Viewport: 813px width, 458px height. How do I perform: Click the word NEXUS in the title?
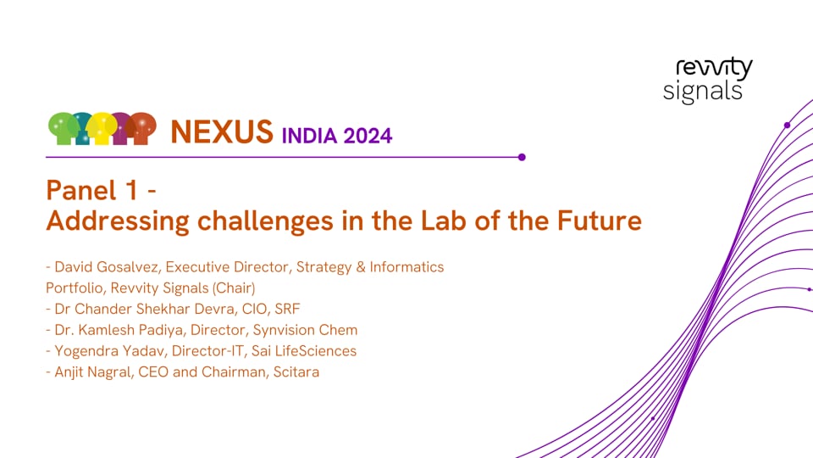(x=221, y=131)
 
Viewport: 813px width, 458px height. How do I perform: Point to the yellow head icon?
(x=102, y=127)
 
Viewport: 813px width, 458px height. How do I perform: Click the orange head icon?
(x=141, y=127)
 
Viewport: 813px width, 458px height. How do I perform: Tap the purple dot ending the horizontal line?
(x=522, y=157)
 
